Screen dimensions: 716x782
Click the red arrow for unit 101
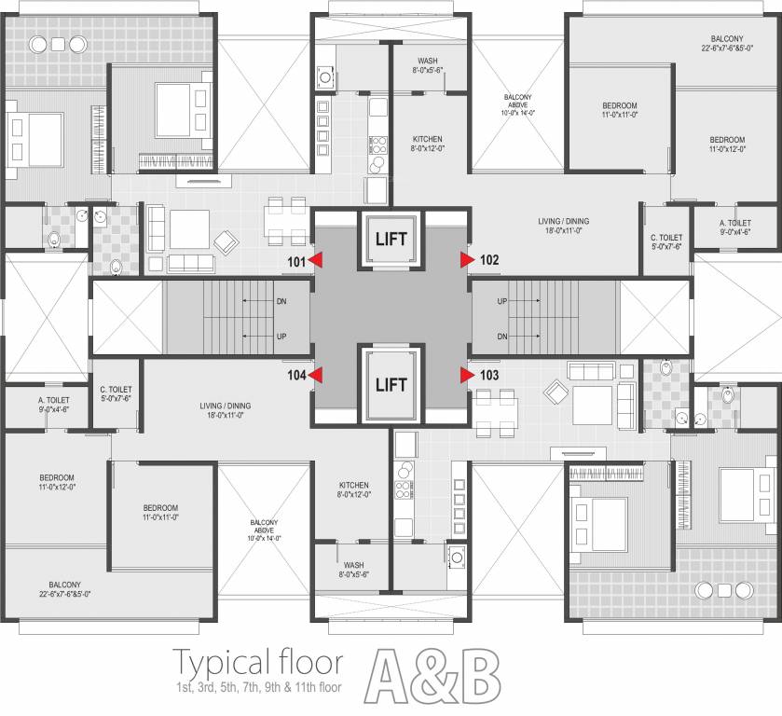(317, 261)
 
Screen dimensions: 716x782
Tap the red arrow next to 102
(467, 261)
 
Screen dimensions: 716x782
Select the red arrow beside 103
(467, 375)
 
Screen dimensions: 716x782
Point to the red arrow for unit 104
(317, 375)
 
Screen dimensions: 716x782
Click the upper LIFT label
(391, 239)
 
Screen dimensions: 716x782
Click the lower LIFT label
(391, 384)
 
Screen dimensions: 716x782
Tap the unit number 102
(490, 261)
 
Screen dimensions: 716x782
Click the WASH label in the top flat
(428, 62)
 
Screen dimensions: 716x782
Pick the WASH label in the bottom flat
(353, 565)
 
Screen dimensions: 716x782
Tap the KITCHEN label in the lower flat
(353, 485)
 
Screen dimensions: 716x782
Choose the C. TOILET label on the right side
(666, 238)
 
